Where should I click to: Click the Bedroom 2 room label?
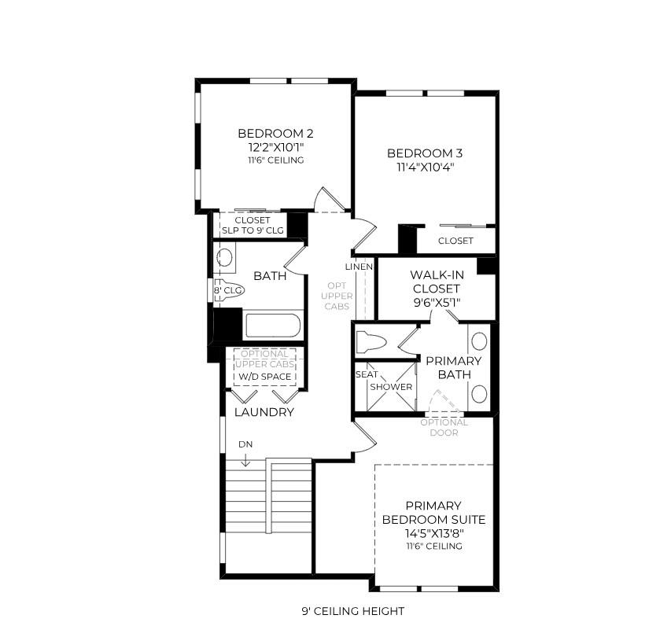(270, 133)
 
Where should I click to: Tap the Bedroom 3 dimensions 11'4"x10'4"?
(419, 167)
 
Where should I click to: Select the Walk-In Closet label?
(435, 282)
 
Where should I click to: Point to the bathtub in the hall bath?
(272, 326)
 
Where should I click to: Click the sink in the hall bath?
(225, 257)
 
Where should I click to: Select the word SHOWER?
(391, 387)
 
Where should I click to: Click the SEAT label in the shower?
(366, 374)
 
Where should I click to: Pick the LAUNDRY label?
(264, 412)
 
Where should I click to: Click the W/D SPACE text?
(264, 377)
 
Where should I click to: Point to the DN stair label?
(245, 444)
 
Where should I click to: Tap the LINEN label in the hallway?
(359, 267)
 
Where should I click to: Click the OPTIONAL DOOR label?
(444, 427)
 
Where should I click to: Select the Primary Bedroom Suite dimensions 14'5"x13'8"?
(433, 533)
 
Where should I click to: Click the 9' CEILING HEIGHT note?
(352, 611)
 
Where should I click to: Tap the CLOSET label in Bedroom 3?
(455, 241)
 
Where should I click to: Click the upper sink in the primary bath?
(478, 341)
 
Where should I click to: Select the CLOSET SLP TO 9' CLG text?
(253, 225)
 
